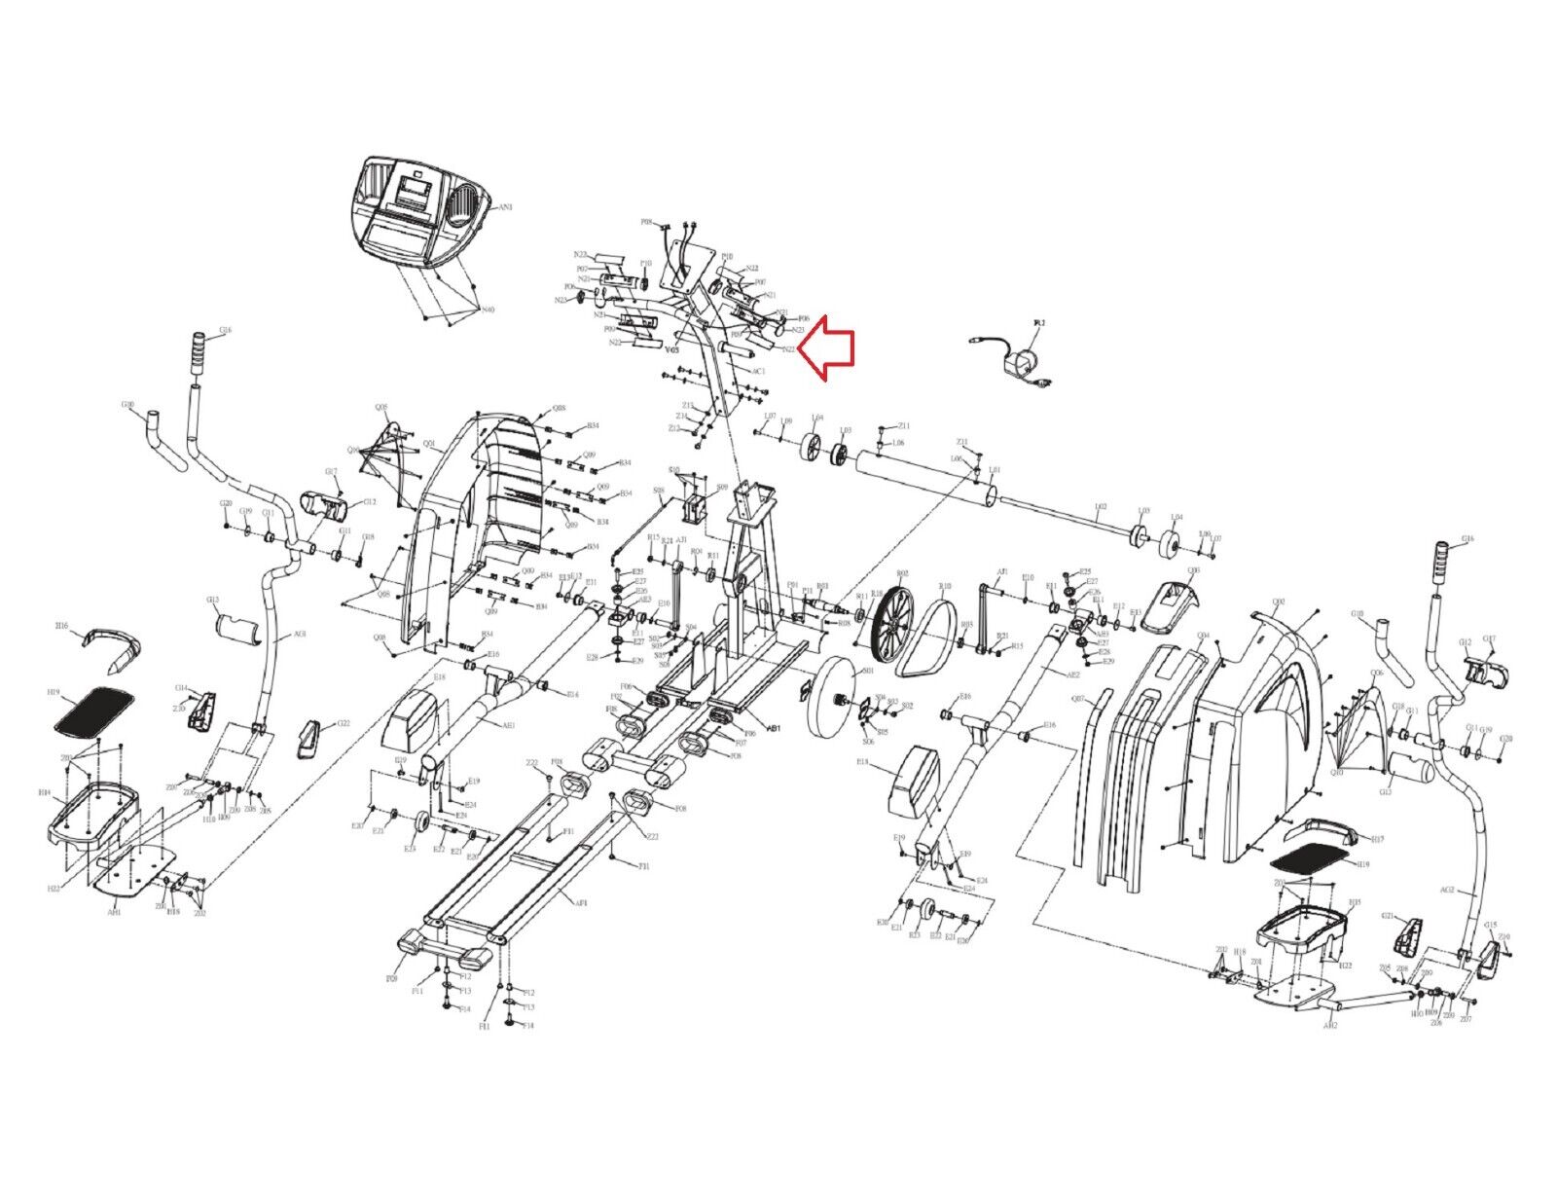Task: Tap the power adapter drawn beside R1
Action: click(1016, 361)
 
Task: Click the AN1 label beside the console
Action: click(506, 207)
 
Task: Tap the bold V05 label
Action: click(671, 347)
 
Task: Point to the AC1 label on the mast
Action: click(760, 372)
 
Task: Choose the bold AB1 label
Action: click(776, 726)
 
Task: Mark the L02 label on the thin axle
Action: click(1101, 506)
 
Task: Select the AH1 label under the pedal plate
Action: click(114, 913)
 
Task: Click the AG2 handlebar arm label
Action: click(1447, 890)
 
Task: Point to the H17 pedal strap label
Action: click(1376, 838)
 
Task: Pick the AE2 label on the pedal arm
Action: click(1073, 674)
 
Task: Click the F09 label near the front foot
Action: click(392, 976)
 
